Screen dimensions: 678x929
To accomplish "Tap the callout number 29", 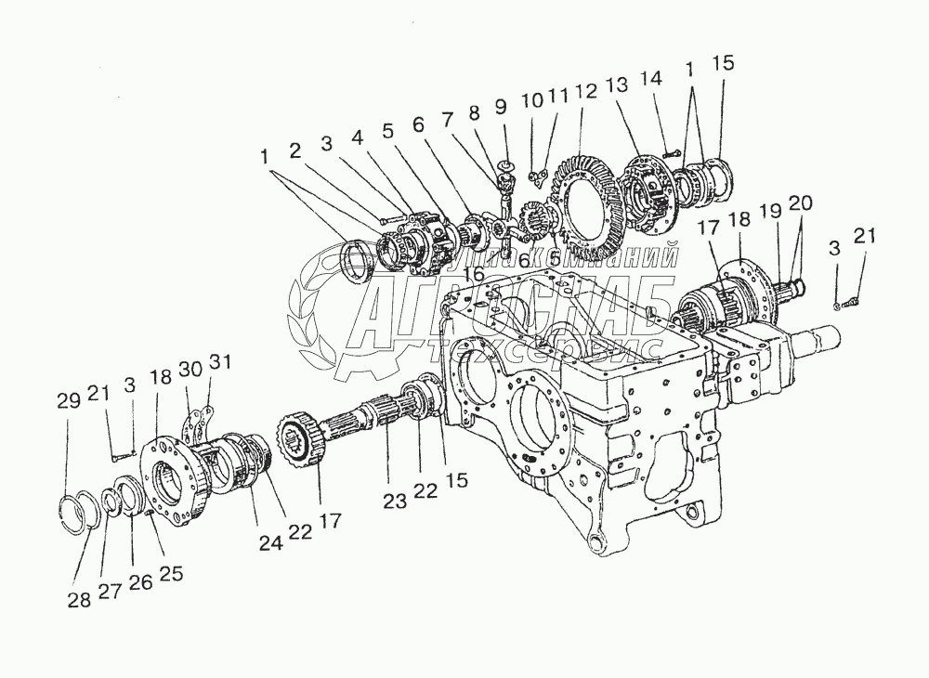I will (67, 401).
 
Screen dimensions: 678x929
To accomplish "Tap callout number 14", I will (652, 80).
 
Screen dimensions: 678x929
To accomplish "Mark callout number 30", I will (190, 369).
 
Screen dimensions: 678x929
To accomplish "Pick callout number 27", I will (111, 593).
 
